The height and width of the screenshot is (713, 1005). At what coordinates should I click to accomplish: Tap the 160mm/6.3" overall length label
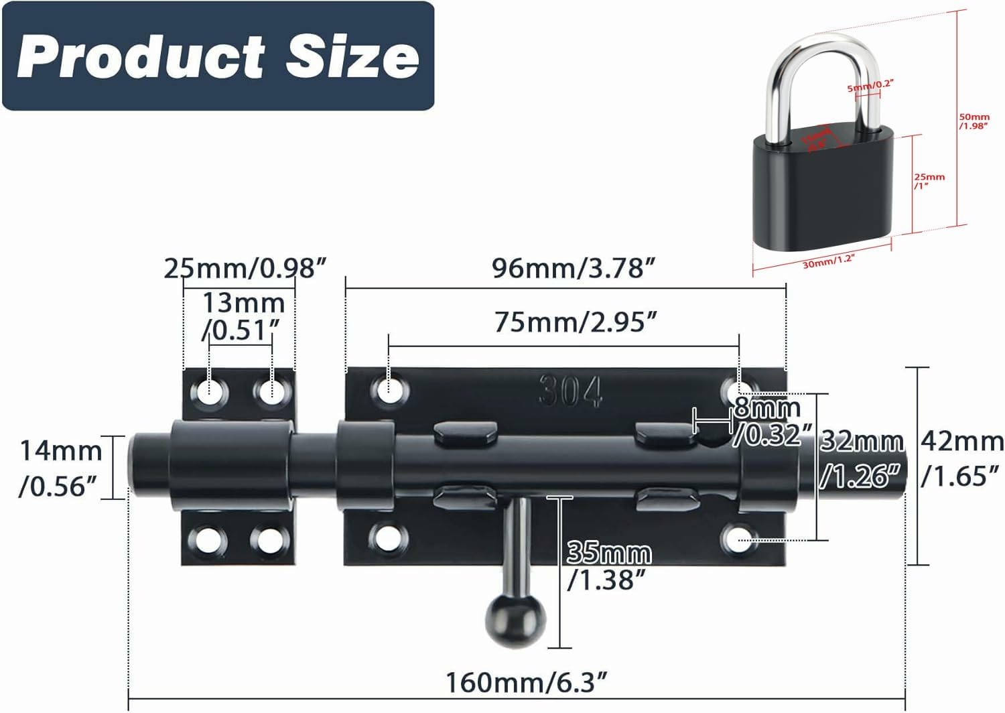click(x=527, y=683)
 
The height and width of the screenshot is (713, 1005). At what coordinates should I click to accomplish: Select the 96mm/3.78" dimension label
click(x=573, y=268)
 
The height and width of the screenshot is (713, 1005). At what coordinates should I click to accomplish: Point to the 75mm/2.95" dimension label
click(x=576, y=322)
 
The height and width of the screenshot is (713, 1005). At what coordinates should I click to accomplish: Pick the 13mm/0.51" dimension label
click(x=243, y=316)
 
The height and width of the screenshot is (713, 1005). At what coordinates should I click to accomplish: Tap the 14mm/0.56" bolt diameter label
click(x=60, y=468)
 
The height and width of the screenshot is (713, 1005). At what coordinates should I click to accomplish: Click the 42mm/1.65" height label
click(x=961, y=458)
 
